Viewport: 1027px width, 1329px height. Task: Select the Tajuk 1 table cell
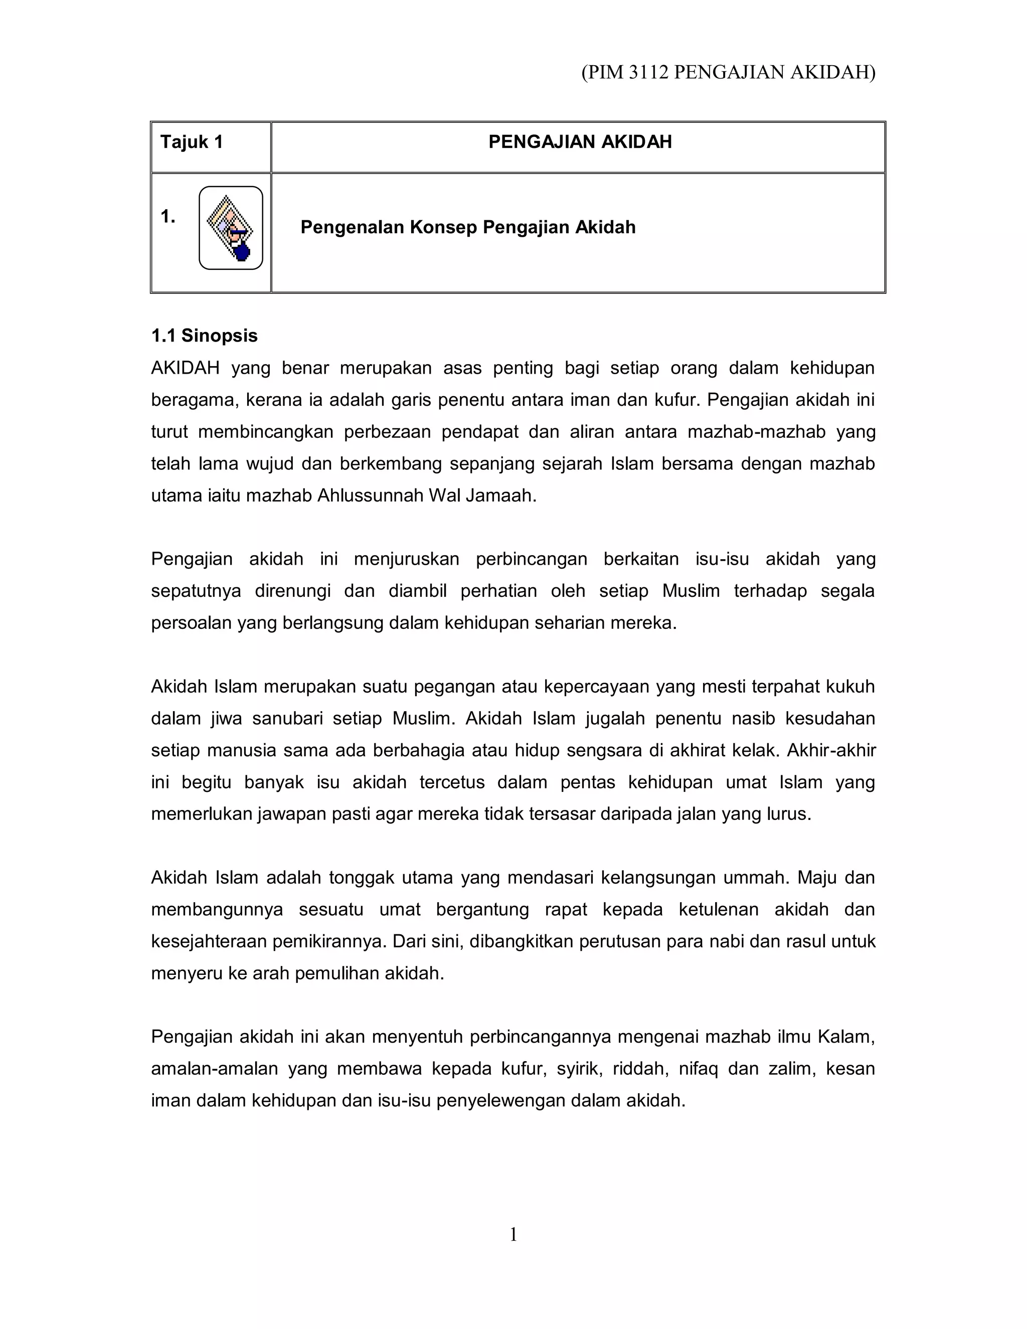pyautogui.click(x=192, y=142)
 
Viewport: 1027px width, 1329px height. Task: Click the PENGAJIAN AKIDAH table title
pyautogui.click(x=579, y=142)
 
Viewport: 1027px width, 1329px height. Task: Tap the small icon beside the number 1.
pyautogui.click(x=231, y=228)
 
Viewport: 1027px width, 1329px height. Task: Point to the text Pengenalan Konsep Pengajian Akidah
pyautogui.click(x=467, y=228)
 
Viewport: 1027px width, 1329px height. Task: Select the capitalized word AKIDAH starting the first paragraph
pyautogui.click(x=185, y=368)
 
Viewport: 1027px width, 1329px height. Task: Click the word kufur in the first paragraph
pyautogui.click(x=676, y=400)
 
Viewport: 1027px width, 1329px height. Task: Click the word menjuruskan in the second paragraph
pyautogui.click(x=406, y=559)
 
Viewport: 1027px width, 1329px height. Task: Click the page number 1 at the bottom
pyautogui.click(x=513, y=1235)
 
